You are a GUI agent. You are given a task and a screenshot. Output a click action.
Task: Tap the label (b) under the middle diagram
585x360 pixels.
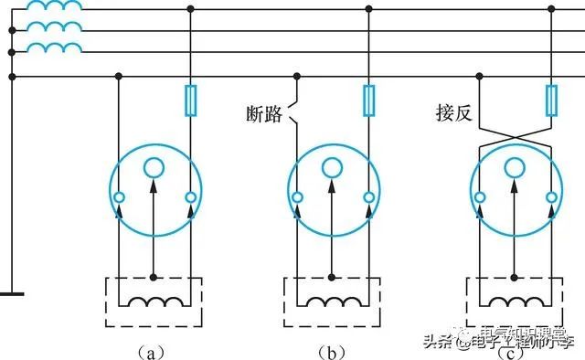coord(330,349)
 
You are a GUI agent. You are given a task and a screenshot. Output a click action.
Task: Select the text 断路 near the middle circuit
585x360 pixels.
coord(264,114)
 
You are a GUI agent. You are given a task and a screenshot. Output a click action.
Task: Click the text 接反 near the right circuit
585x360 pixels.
coord(452,114)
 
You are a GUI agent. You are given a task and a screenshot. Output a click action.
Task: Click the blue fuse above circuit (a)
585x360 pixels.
coord(189,100)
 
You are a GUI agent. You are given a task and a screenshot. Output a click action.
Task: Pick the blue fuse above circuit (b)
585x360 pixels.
coord(368,100)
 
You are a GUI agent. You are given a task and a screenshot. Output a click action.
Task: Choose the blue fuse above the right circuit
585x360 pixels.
coord(551,100)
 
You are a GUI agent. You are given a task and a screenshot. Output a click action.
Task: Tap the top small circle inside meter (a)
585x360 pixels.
coord(154,167)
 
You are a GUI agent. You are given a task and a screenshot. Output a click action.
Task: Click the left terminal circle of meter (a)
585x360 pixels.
coord(119,197)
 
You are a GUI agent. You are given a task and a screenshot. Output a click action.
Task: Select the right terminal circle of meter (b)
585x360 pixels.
coord(368,197)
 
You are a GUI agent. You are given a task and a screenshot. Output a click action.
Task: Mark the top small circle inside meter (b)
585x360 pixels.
coord(333,167)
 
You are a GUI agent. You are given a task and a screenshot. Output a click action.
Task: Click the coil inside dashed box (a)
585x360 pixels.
coord(154,302)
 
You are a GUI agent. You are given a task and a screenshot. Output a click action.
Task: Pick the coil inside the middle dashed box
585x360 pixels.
coord(333,302)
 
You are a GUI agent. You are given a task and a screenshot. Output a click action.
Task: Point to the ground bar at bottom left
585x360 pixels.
coord(11,295)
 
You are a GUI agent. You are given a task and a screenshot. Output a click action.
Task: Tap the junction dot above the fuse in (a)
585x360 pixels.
coord(189,9)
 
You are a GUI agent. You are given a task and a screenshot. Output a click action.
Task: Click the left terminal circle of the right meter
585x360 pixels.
coord(481,197)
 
